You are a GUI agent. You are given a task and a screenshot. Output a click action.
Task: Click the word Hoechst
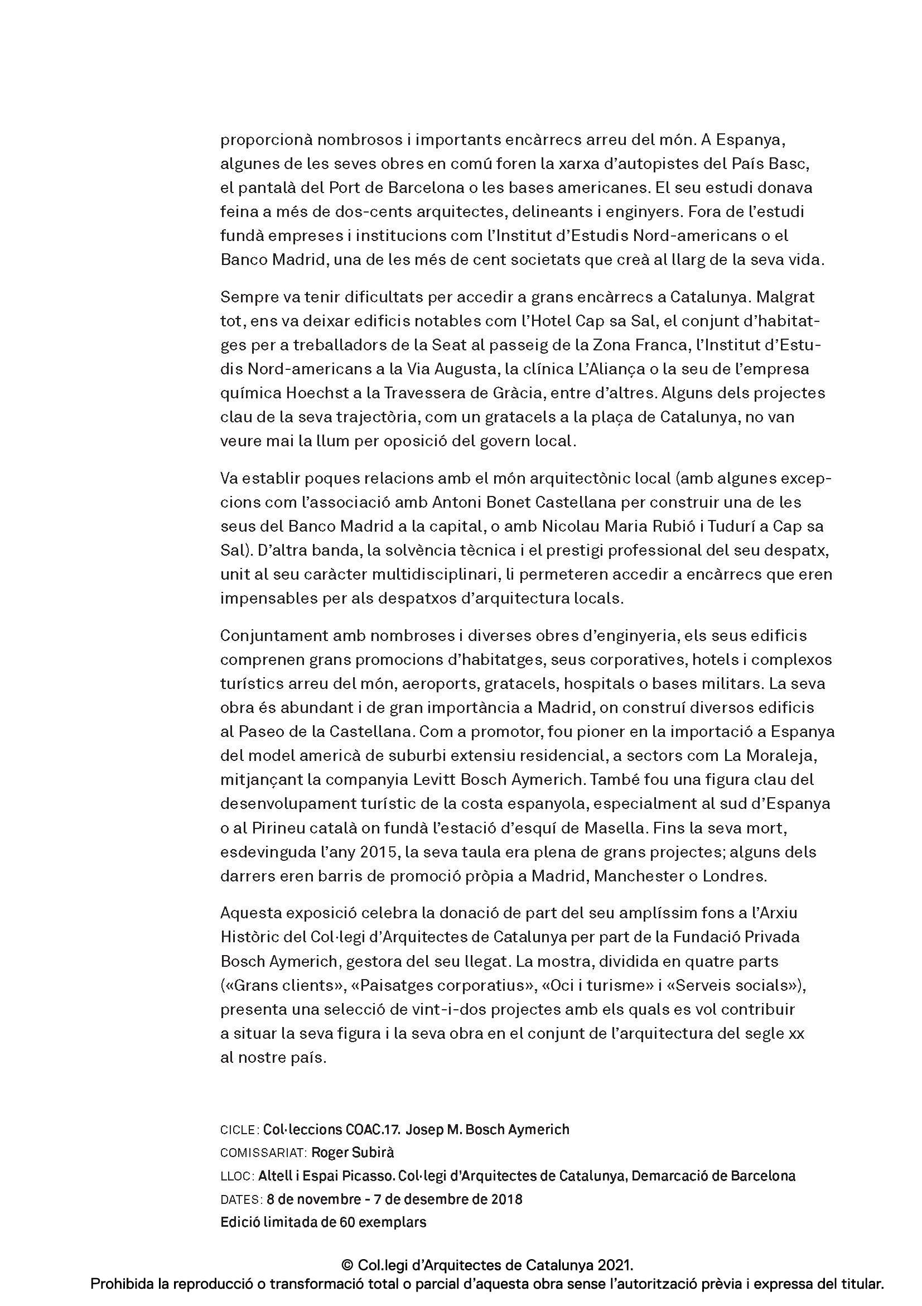(315, 393)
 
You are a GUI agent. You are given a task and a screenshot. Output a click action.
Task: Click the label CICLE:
(239, 1130)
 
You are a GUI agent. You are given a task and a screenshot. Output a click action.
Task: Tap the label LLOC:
(237, 1176)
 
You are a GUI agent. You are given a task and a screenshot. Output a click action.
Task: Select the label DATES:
(241, 1199)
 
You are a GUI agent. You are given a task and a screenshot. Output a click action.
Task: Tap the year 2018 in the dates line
(506, 1199)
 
